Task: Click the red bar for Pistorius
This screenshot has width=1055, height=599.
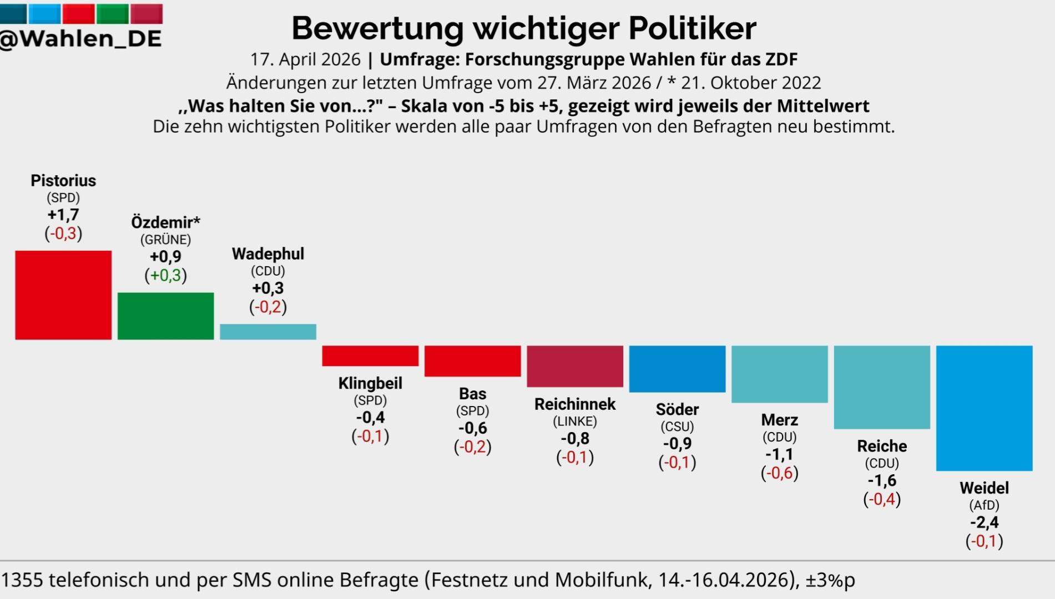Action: click(x=63, y=295)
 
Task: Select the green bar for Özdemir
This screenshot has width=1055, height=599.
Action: click(x=165, y=316)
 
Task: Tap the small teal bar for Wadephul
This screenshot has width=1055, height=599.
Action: click(x=268, y=332)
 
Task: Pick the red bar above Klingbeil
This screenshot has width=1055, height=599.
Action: click(x=370, y=356)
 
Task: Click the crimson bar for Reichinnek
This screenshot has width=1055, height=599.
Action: click(x=575, y=366)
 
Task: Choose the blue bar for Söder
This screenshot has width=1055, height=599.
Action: click(x=677, y=369)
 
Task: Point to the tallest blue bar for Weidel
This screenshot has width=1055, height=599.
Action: click(x=984, y=408)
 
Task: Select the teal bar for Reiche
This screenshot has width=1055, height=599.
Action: click(x=882, y=387)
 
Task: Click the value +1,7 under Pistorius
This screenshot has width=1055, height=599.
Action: click(x=63, y=215)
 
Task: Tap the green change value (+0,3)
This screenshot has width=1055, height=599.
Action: click(x=165, y=275)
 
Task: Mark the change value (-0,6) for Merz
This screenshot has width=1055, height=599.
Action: click(x=779, y=473)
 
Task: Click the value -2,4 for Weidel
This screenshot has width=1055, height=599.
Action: click(x=984, y=522)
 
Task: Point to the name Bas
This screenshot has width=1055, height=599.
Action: click(x=472, y=393)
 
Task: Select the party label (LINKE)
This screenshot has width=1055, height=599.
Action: click(x=575, y=422)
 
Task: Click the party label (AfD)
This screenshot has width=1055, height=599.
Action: click(x=984, y=505)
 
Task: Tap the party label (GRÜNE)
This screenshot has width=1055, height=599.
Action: click(x=165, y=240)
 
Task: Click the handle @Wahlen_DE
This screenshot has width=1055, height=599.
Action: click(x=80, y=39)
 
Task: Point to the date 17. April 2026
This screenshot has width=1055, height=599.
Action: click(x=305, y=59)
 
